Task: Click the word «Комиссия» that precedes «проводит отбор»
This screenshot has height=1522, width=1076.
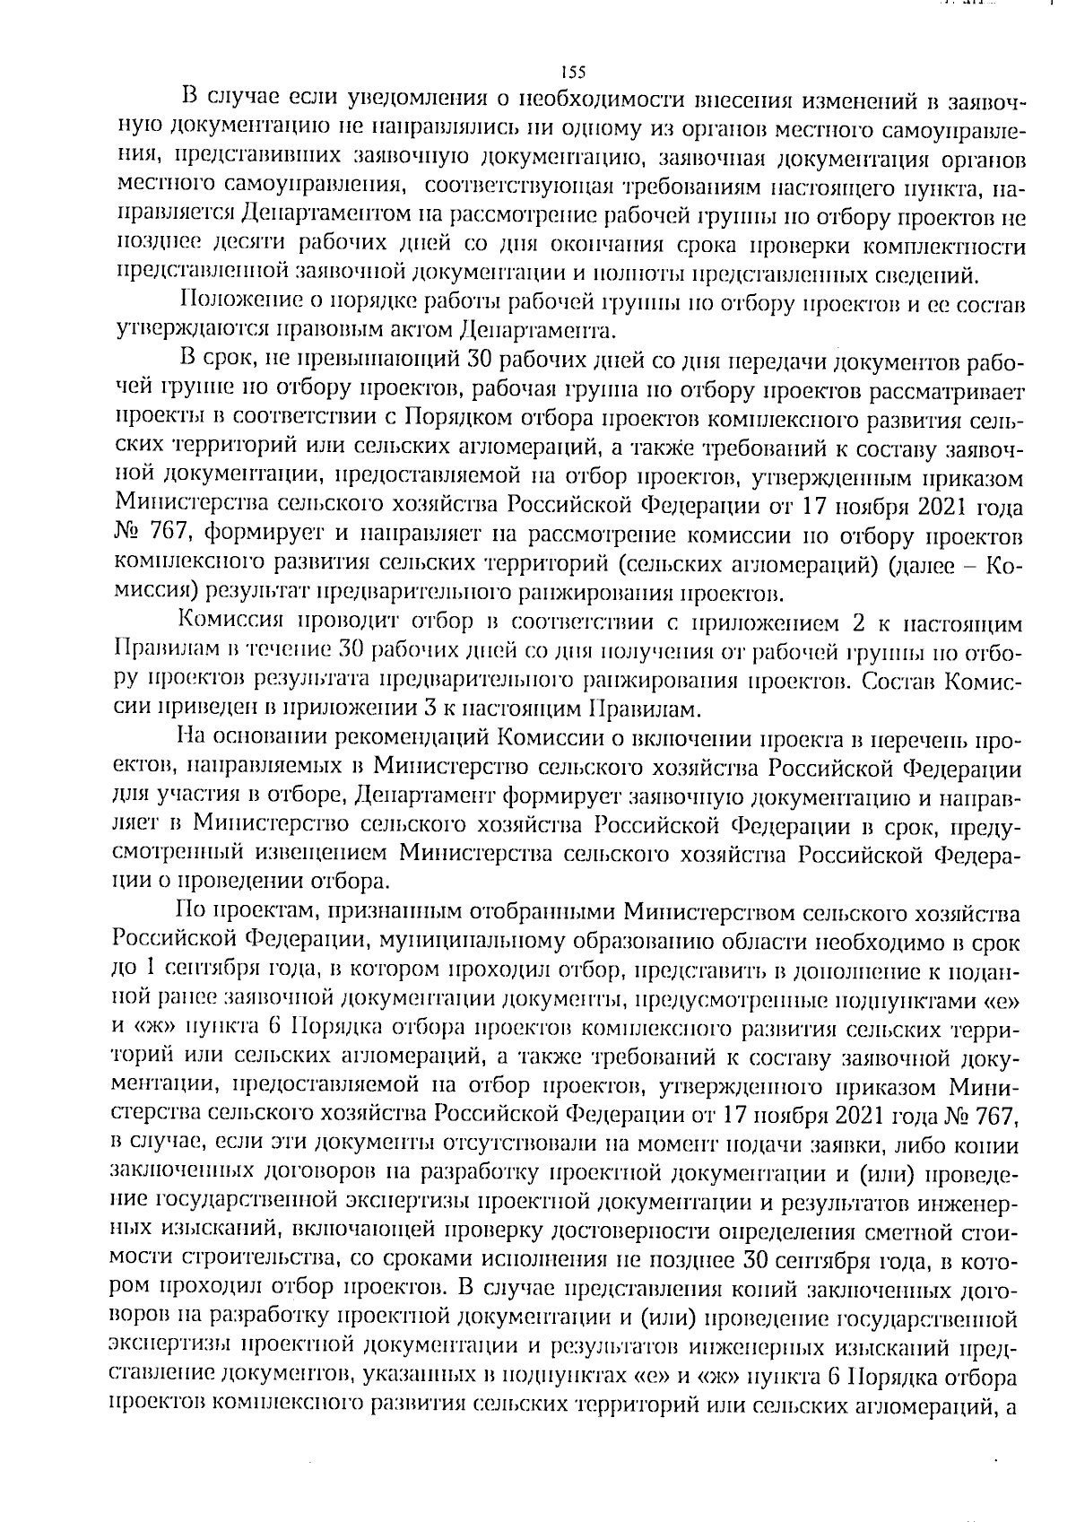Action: pyautogui.click(x=232, y=622)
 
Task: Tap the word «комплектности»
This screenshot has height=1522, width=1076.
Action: pyautogui.click(x=960, y=246)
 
